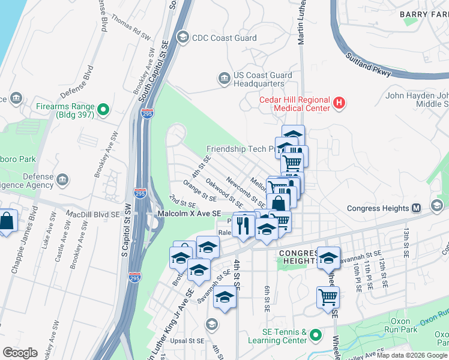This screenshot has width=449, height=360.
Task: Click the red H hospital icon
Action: [339, 104]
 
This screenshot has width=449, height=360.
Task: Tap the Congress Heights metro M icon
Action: [416, 208]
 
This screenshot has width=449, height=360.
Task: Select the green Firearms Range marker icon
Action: [103, 109]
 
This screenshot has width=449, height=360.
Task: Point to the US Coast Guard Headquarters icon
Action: [224, 79]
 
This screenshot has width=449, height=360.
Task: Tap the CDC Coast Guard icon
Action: [182, 38]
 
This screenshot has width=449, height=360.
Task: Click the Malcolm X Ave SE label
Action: [188, 214]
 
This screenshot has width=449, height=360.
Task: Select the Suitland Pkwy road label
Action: [369, 65]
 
